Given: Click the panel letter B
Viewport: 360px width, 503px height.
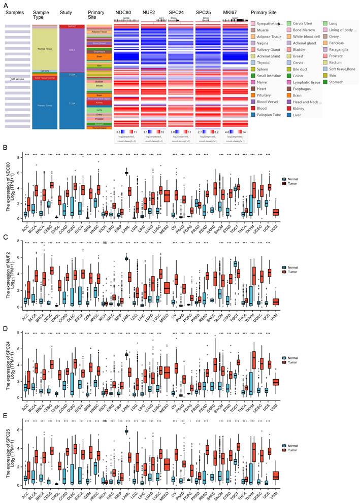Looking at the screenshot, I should coord(5,148).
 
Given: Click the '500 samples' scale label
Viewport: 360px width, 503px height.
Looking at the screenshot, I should coord(19,79).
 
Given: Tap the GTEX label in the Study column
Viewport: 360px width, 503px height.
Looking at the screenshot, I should coord(71,50).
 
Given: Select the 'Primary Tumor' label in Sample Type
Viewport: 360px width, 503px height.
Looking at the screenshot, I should coord(45,106).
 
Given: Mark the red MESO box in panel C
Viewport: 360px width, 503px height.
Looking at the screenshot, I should coord(167,288).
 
